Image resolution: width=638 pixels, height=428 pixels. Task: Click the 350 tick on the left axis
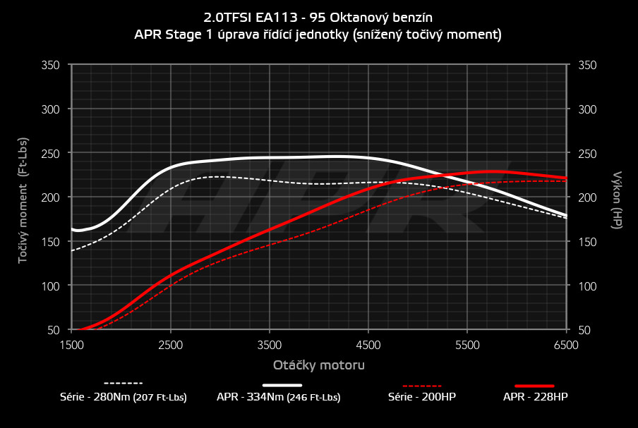pyautogui.click(x=51, y=65)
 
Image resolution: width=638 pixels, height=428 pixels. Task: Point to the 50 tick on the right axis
pyautogui.click(x=584, y=330)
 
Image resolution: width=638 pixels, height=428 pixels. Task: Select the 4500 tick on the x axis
pyautogui.click(x=368, y=345)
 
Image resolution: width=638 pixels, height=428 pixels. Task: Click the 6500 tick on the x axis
pyautogui.click(x=567, y=345)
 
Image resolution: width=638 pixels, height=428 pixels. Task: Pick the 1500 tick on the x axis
pyautogui.click(x=71, y=345)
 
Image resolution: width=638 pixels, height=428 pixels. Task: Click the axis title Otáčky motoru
pyautogui.click(x=319, y=365)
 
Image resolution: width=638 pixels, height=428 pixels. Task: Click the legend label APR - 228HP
pyautogui.click(x=535, y=397)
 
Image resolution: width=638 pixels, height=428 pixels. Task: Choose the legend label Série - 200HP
pyautogui.click(x=422, y=397)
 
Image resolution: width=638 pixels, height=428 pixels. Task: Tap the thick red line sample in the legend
pyautogui.click(x=535, y=386)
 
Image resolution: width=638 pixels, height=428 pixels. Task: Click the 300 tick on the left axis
pyautogui.click(x=51, y=109)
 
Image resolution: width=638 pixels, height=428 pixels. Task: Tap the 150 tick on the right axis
pyautogui.click(x=586, y=242)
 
